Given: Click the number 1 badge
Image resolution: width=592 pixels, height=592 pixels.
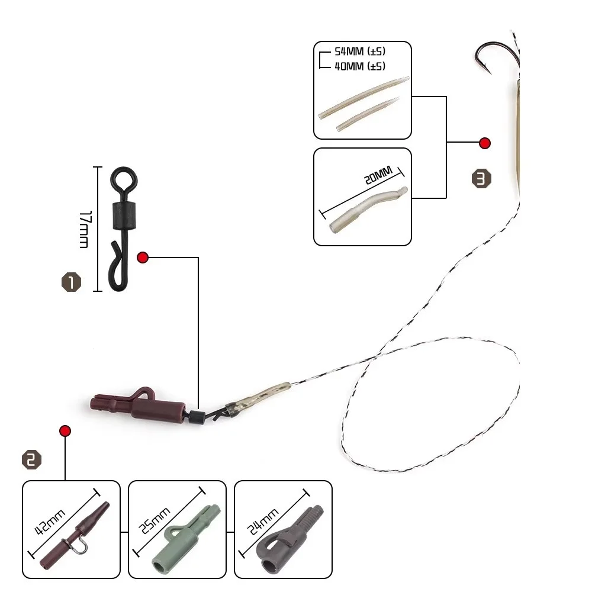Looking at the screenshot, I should coord(70,282).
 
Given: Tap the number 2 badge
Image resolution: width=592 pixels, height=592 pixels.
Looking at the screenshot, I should coord(32,460).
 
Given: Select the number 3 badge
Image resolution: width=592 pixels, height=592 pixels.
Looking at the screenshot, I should coord(482,179).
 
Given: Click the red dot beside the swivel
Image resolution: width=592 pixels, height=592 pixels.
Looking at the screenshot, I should coord(142,257).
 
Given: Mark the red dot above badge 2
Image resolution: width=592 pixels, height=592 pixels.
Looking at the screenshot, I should coord(65,430).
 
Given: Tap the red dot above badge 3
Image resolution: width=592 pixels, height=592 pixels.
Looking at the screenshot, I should coord(485,143).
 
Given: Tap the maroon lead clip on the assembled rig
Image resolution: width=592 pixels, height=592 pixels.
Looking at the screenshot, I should coord(139,404).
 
